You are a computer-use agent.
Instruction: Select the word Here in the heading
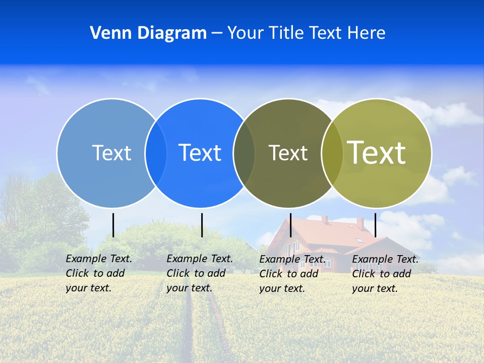(367, 33)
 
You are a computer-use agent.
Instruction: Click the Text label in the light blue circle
(111, 153)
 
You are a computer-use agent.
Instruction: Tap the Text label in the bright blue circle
(200, 153)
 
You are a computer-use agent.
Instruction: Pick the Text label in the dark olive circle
(288, 153)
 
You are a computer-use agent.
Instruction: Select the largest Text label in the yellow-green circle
(376, 152)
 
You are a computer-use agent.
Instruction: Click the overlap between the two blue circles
(156, 153)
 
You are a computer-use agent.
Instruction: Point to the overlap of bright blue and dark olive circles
(244, 153)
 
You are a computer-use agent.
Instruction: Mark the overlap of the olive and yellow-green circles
(332, 153)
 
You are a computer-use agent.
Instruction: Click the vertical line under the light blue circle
(113, 225)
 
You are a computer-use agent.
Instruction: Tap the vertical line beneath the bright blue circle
(202, 225)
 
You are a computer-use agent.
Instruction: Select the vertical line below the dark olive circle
(290, 225)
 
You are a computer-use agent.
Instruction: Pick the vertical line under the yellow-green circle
(376, 225)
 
